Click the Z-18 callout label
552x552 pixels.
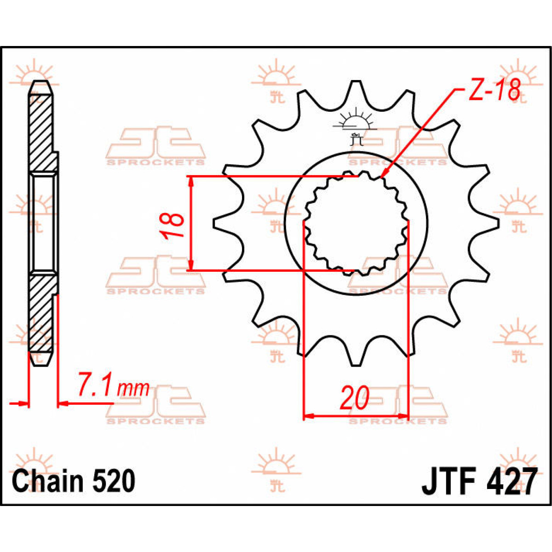[x=494, y=91]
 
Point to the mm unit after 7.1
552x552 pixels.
[x=134, y=389]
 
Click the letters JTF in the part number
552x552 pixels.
[x=448, y=481]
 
